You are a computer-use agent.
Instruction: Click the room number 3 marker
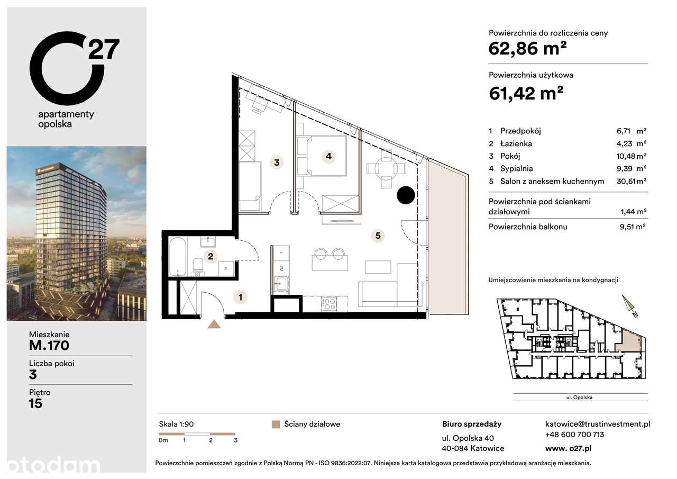pos(277,162)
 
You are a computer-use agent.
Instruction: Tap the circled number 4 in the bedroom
pos(328,156)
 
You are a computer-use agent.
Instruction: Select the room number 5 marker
pos(377,236)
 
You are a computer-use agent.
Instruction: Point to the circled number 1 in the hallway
pos(241,297)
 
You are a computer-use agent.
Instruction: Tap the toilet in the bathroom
pos(197,265)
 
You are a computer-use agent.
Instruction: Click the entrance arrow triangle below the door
pos(215,325)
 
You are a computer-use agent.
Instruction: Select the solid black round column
pos(406,195)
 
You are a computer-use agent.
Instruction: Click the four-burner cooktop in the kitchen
pos(329,303)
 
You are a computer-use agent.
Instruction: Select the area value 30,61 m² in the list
pos(633,182)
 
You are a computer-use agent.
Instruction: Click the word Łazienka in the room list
pos(518,143)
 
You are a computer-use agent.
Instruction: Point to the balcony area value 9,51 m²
pos(634,227)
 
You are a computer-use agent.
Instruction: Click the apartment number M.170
pos(49,346)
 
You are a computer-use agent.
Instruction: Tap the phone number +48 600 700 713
pos(574,435)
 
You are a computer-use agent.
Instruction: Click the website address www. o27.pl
pos(568,448)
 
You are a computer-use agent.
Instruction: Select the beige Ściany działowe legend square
pos(275,424)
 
